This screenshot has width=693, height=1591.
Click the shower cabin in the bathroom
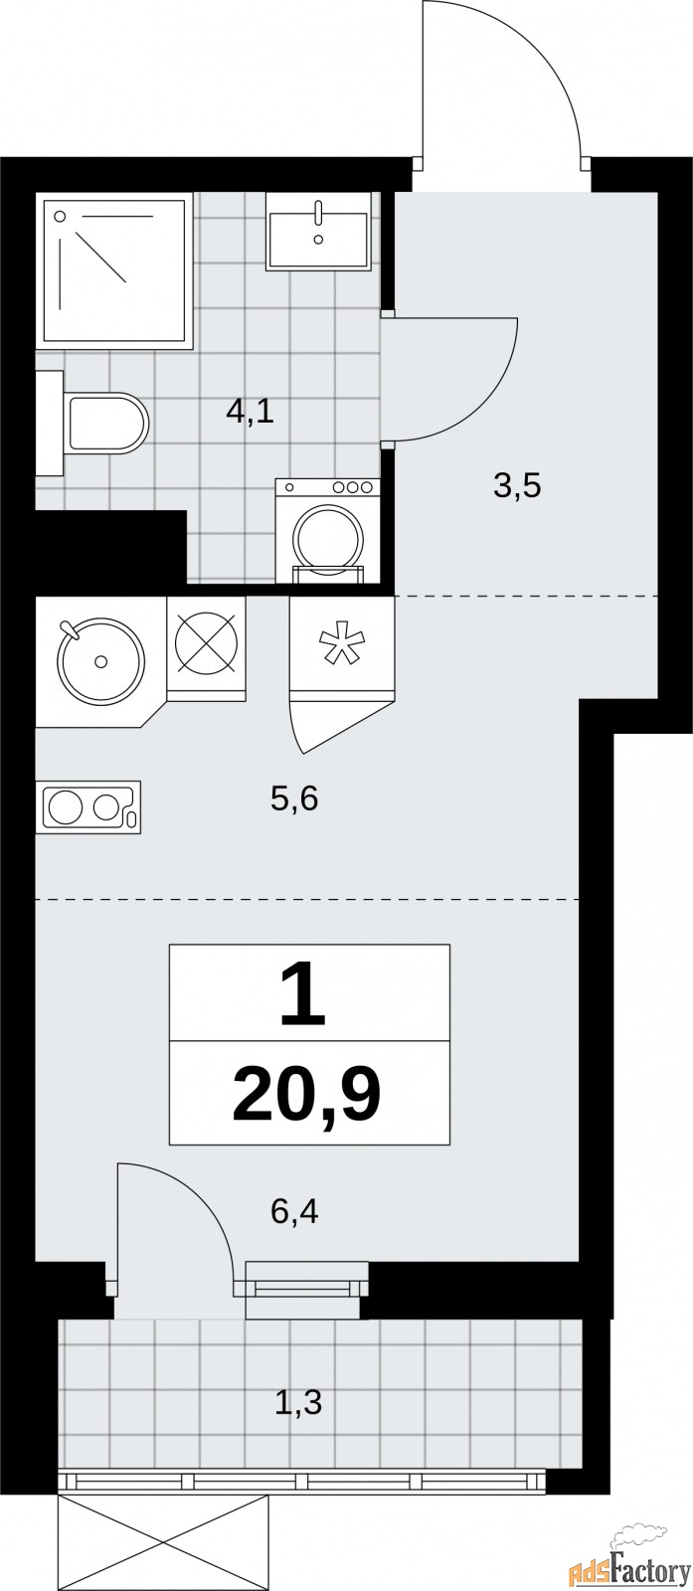coord(112,270)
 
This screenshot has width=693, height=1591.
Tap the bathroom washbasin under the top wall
coord(318,231)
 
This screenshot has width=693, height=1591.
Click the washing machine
coord(328,530)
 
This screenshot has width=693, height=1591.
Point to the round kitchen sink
coord(100,659)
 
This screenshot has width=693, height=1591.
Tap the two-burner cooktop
coord(87,805)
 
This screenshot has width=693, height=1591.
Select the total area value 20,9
coord(307,1094)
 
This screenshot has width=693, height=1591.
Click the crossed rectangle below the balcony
coord(164,1540)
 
